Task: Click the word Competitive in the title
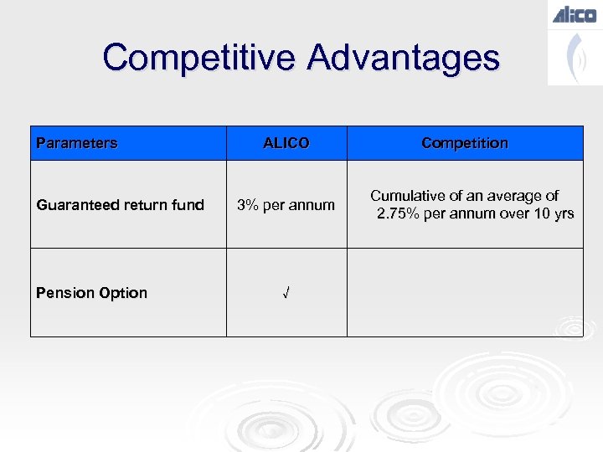point(198,58)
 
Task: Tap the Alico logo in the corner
point(575,14)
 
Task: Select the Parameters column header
point(77,143)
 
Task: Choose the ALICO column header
point(286,143)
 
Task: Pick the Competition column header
point(465,143)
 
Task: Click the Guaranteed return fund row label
point(120,205)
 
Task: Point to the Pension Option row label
point(91,293)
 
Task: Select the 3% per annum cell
point(286,205)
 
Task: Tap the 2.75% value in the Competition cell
point(401,214)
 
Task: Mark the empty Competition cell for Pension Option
point(465,293)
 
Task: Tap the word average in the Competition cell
point(510,196)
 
